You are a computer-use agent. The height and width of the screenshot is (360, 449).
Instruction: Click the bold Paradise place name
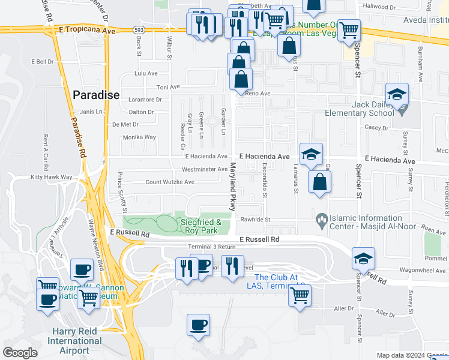point(96,95)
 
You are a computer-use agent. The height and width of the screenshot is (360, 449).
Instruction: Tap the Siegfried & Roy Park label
point(201,226)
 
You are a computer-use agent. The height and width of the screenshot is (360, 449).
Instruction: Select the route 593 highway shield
point(138,29)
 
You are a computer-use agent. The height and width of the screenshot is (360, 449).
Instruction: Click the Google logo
point(20,353)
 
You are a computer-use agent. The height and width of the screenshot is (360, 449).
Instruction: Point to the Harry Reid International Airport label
point(79,341)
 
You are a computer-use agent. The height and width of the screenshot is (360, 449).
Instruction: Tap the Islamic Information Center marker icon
point(322,221)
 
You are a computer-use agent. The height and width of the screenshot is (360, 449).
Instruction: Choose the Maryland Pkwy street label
point(230,188)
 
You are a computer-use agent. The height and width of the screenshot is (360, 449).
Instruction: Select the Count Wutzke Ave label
point(170,182)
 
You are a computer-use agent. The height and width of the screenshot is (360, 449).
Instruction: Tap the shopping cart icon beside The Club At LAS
point(300,295)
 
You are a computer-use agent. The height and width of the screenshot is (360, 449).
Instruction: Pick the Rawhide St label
point(256,220)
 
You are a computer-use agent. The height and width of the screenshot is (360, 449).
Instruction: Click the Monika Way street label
point(139,137)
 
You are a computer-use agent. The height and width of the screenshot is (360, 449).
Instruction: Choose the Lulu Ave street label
point(145,73)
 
